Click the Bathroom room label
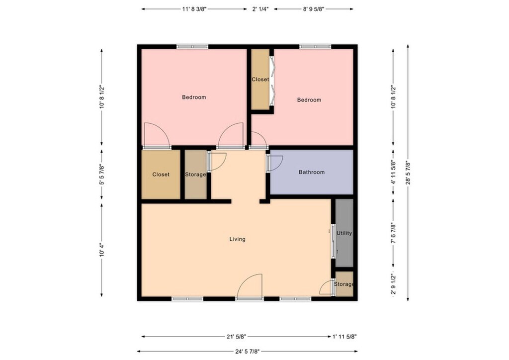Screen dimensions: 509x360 [x=312, y=172]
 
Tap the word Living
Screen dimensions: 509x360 [x=237, y=239]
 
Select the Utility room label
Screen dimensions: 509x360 [x=344, y=233]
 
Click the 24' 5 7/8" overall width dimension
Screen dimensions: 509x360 [x=248, y=351]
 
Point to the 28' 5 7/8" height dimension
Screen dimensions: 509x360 [x=408, y=173]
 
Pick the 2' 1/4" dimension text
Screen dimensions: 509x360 [x=260, y=9]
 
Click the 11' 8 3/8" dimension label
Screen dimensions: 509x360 [x=195, y=9]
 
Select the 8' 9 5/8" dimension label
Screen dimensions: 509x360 [x=314, y=9]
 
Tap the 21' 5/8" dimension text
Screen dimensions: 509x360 [x=236, y=337]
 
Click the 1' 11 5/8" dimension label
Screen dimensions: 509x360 [x=344, y=337]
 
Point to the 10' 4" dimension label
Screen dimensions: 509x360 [x=101, y=250]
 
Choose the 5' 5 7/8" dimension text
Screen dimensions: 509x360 [x=101, y=174]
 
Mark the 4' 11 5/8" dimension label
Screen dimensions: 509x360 [x=394, y=173]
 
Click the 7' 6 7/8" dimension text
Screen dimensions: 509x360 [x=394, y=232]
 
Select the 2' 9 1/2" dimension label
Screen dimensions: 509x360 [x=394, y=284]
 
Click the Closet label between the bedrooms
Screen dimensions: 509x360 [x=260, y=79]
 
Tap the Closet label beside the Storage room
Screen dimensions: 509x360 [x=161, y=175]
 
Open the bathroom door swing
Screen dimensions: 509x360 [x=275, y=163]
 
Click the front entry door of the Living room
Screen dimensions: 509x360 [x=250, y=286]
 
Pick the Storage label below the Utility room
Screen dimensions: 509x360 [x=344, y=284]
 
